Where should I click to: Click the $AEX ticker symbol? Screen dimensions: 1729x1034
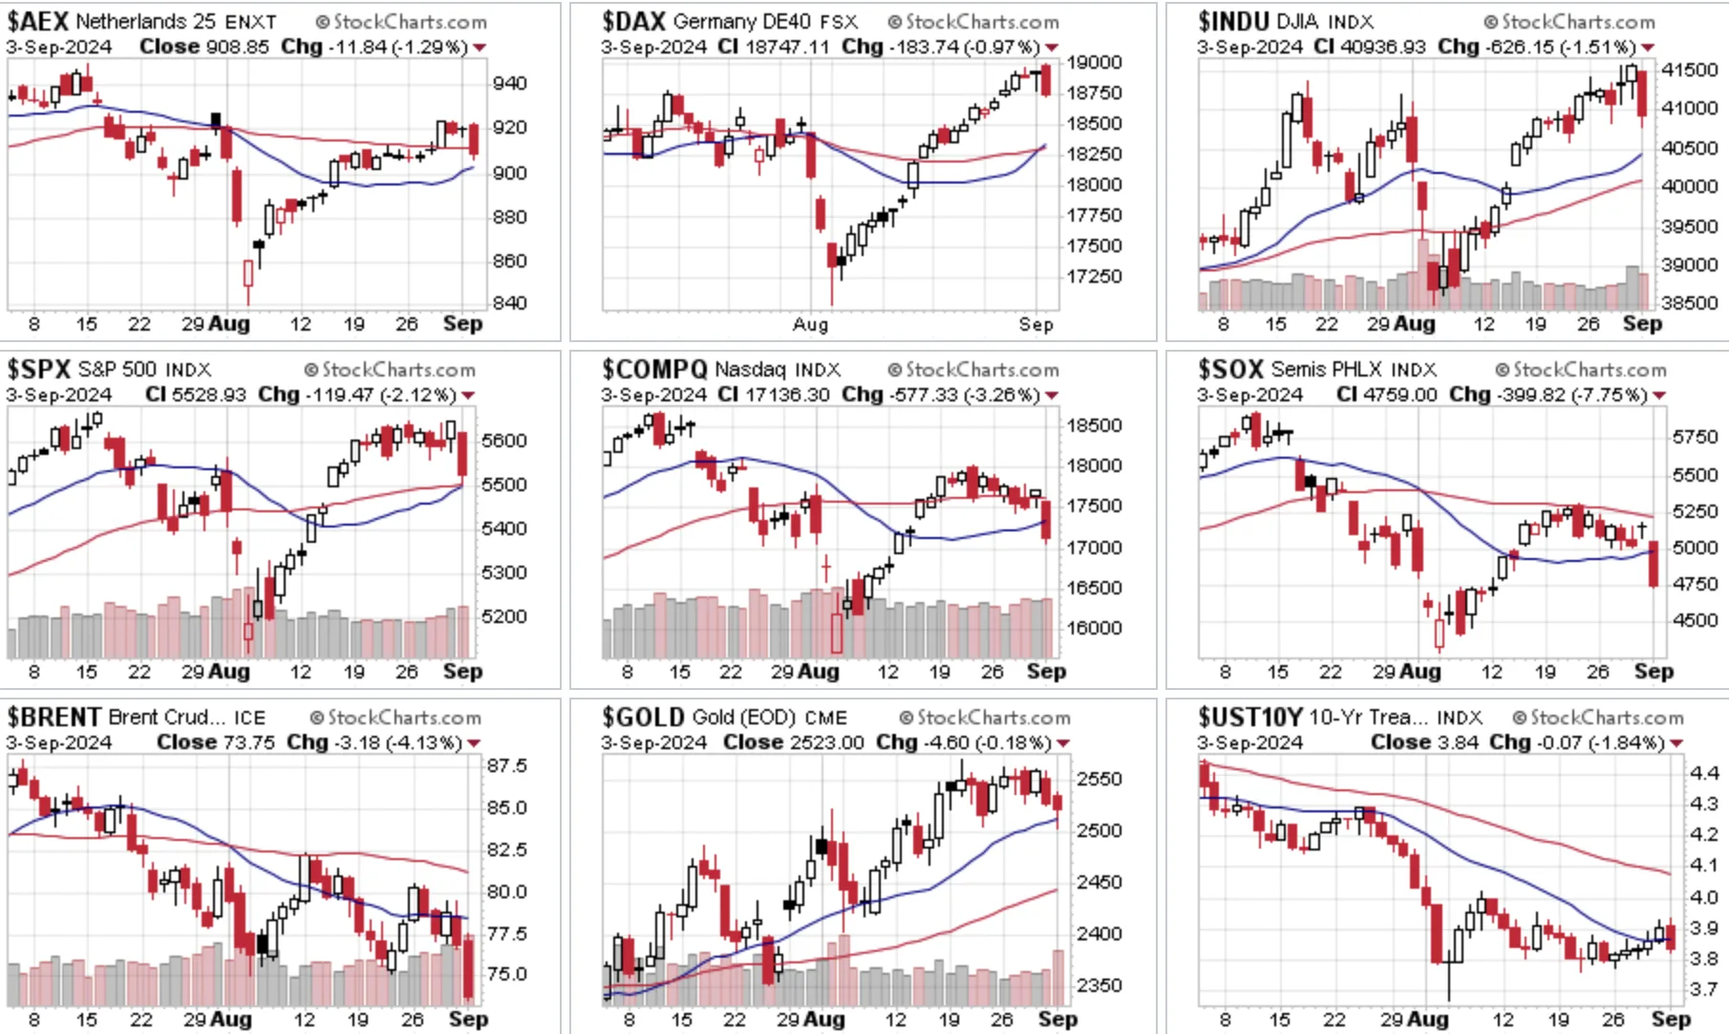click(37, 21)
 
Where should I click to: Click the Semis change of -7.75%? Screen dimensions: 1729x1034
click(1610, 395)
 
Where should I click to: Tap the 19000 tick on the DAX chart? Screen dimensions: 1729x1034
click(1094, 62)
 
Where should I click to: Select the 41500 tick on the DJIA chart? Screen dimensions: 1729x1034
click(1690, 70)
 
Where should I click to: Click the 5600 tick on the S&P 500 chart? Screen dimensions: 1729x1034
click(504, 441)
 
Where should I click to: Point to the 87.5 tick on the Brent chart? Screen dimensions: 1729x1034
click(506, 765)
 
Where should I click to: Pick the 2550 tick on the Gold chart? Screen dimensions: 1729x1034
click(1099, 779)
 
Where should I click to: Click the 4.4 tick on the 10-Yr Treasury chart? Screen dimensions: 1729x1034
click(1704, 772)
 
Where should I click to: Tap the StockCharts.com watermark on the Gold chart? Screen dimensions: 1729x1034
click(984, 718)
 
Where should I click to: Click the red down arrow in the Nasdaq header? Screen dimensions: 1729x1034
click(1052, 396)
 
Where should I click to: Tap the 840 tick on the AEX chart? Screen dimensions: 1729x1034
click(509, 303)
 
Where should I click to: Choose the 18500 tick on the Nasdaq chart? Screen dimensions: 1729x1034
click(1094, 426)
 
